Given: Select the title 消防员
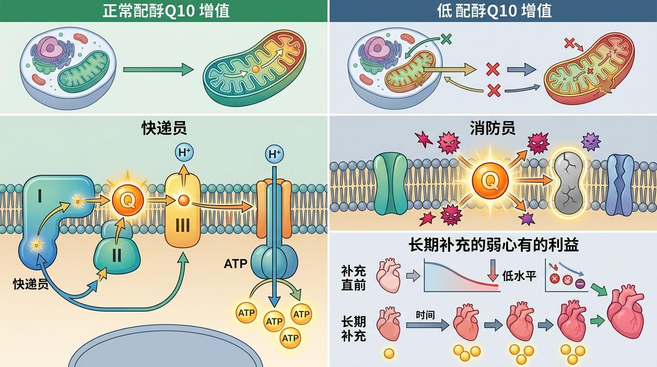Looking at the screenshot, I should click(x=492, y=128).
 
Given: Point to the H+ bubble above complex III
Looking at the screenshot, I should click(x=185, y=153).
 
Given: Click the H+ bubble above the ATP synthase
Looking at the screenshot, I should click(x=274, y=154).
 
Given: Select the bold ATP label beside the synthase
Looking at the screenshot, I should click(x=235, y=263).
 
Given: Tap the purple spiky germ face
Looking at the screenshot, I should click(x=591, y=141).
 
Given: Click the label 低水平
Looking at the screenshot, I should click(x=519, y=276).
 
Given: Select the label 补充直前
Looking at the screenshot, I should click(x=354, y=278).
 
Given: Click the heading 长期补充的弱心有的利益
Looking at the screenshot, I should click(x=494, y=245).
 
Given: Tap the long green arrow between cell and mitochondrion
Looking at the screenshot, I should click(x=158, y=70).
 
